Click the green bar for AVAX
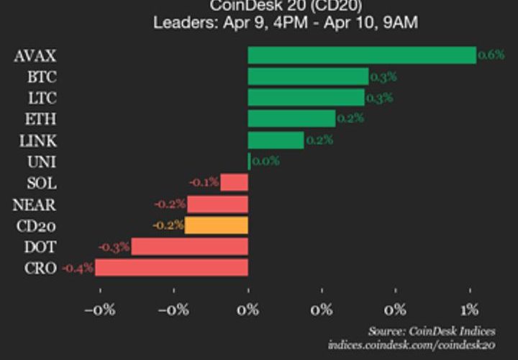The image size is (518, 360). tap(362, 55)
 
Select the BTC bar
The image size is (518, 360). tap(308, 76)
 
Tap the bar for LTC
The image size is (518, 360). tap(306, 97)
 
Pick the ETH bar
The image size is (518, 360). tap(291, 118)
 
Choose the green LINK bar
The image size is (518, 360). tap(276, 140)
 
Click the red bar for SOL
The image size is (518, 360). tap(235, 182)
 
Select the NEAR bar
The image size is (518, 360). tap(218, 204)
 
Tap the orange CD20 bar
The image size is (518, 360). tap(217, 225)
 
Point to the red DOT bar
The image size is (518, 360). tap(190, 246)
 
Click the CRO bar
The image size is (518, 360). tap(172, 268)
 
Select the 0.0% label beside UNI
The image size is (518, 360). tap(265, 161)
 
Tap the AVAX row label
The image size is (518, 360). tap(35, 55)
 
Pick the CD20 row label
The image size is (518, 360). tap(35, 225)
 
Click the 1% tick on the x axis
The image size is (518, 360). tap(469, 310)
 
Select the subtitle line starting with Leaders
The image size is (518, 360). tap(285, 22)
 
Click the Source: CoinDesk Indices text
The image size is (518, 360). tap(432, 331)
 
